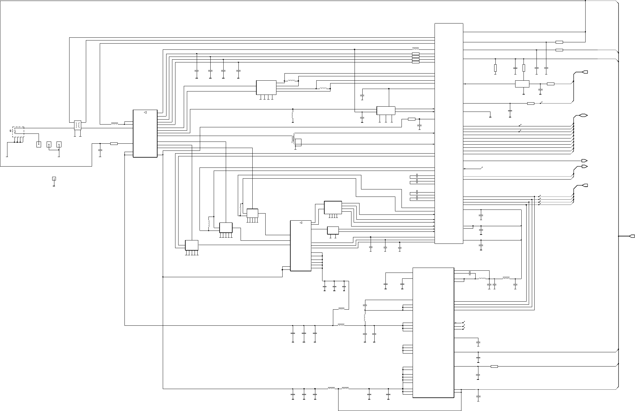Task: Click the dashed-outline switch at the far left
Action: [x=18, y=132]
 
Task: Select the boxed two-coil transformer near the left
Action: [x=78, y=125]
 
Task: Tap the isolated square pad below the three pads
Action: [x=54, y=179]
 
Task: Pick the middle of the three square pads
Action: [x=49, y=144]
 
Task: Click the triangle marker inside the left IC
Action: [x=145, y=112]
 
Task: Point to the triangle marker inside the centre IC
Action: [x=301, y=223]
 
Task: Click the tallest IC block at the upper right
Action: [x=449, y=133]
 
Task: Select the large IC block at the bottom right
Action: [x=433, y=333]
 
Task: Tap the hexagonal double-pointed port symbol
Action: [x=583, y=116]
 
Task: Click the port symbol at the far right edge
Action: [x=632, y=236]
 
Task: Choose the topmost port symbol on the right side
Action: [x=584, y=72]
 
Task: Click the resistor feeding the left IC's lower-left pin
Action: [x=114, y=143]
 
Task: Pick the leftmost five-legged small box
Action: [x=191, y=245]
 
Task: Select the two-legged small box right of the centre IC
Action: [x=333, y=231]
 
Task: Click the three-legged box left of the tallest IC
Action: [x=386, y=110]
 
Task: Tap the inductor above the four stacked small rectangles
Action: [x=415, y=49]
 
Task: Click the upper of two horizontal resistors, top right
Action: [x=559, y=42]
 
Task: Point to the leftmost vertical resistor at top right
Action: [x=495, y=68]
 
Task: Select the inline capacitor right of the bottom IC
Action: [x=470, y=273]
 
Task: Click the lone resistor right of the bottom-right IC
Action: [x=494, y=367]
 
